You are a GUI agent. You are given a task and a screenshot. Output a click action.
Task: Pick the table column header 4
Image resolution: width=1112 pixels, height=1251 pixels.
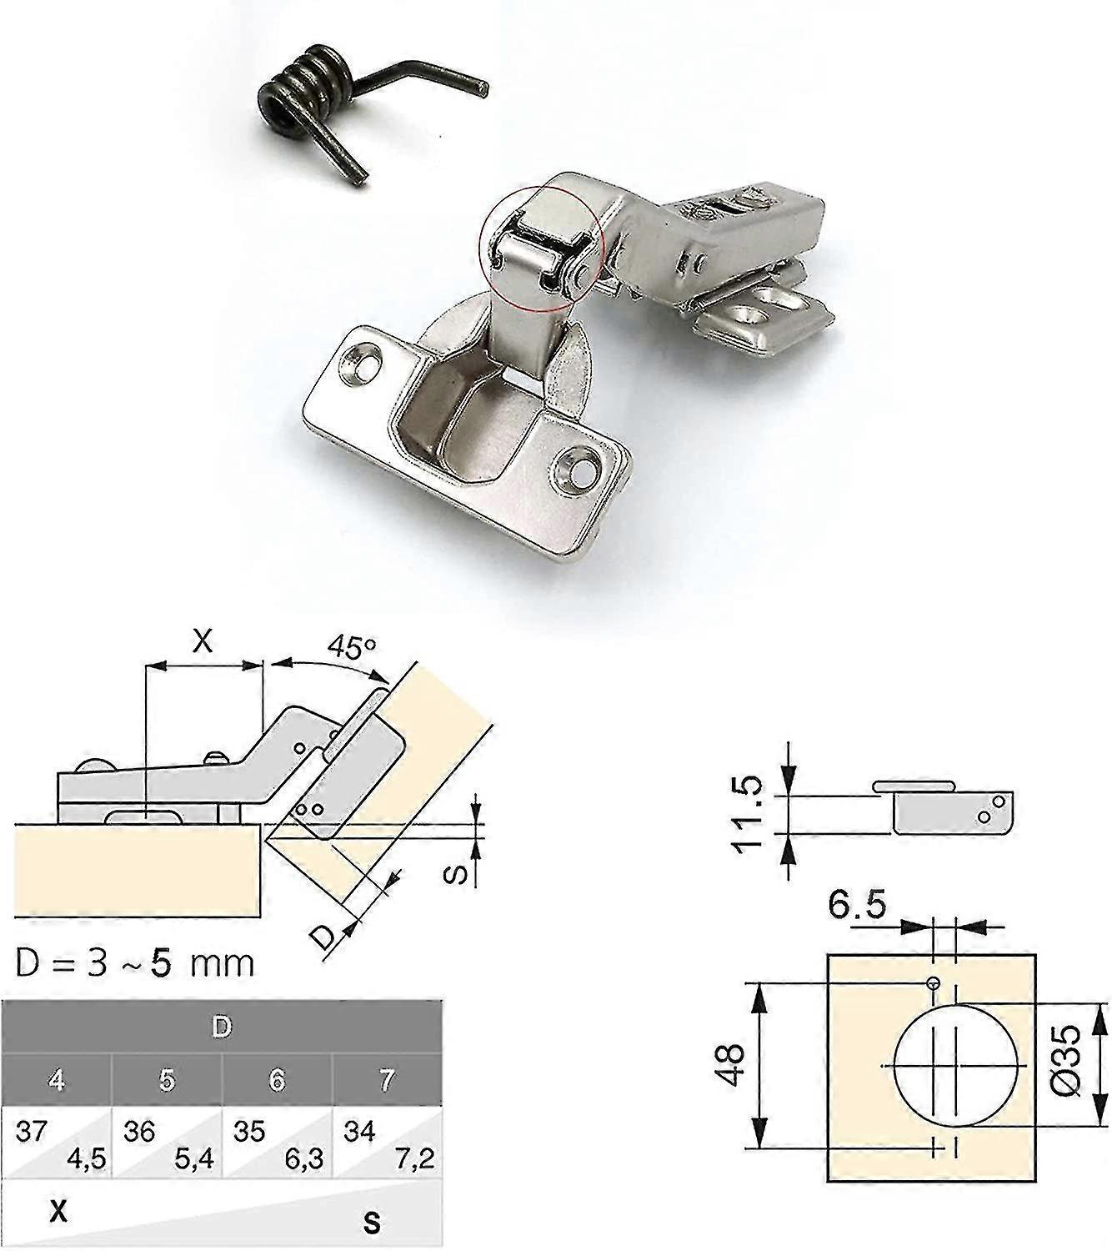tap(57, 1081)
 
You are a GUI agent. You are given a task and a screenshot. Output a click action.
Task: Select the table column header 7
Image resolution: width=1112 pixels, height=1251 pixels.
tap(387, 1081)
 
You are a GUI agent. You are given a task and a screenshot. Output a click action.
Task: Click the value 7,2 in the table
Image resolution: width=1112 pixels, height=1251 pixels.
tap(417, 1160)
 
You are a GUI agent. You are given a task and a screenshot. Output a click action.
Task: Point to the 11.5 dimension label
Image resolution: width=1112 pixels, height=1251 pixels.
tap(746, 811)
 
